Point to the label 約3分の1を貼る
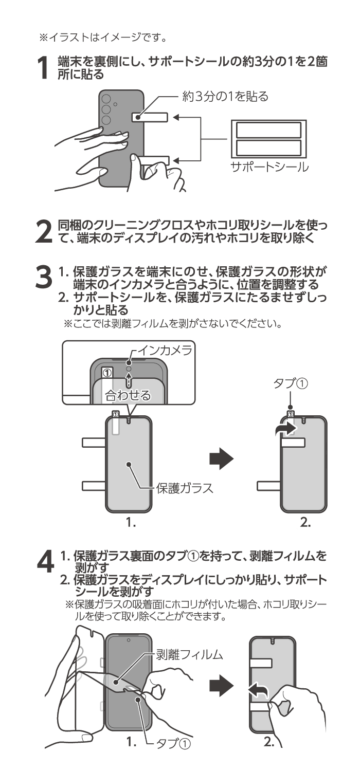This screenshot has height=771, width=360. [225, 97]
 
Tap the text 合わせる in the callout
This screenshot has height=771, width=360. [128, 395]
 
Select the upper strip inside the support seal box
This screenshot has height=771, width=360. [268, 130]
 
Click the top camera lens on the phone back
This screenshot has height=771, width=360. [106, 99]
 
